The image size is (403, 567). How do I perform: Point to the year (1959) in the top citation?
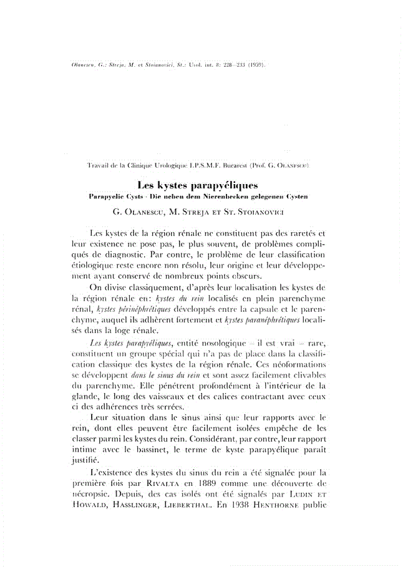(x=253, y=64)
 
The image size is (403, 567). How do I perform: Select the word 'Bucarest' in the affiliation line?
(x=233, y=167)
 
